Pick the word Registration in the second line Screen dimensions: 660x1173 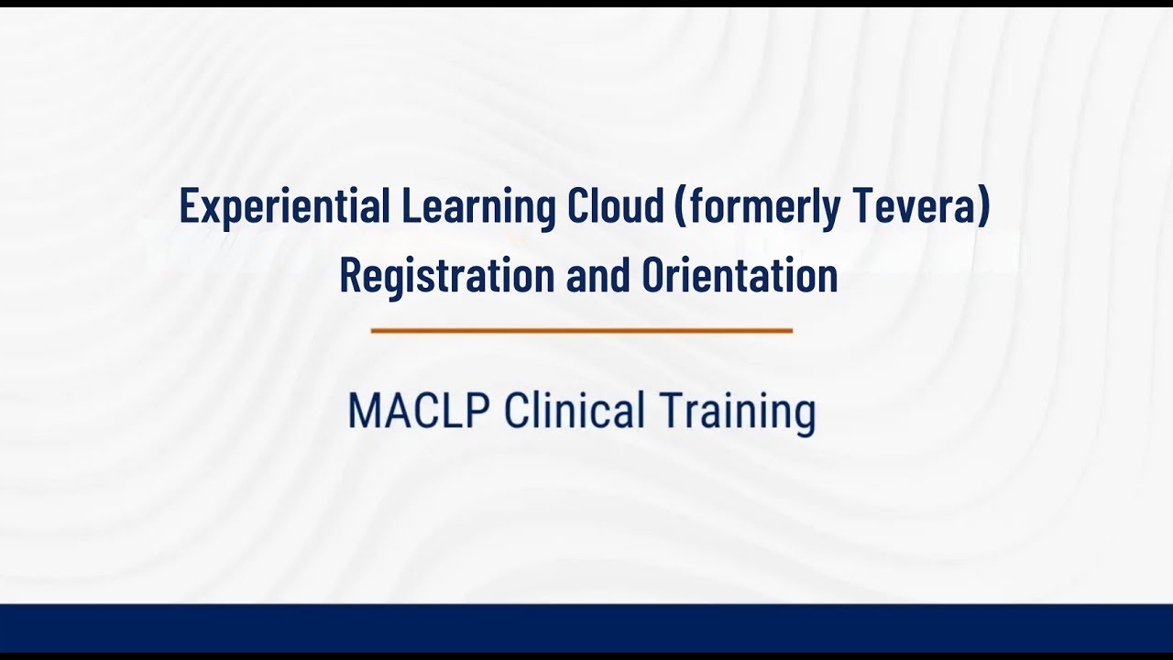pos(445,275)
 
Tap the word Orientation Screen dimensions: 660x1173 pos(740,275)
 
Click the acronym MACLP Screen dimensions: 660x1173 pos(418,412)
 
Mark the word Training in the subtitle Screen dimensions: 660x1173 pos(738,412)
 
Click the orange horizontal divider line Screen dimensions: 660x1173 pos(582,330)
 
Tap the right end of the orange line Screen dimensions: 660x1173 pos(790,330)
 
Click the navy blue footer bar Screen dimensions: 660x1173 pos(586,629)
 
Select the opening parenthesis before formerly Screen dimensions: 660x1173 pos(680,207)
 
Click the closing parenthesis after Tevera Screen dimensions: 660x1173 pos(984,207)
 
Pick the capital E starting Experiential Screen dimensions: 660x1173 pos(188,207)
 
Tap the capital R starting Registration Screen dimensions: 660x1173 pos(349,275)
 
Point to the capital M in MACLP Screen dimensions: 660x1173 pos(364,412)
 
